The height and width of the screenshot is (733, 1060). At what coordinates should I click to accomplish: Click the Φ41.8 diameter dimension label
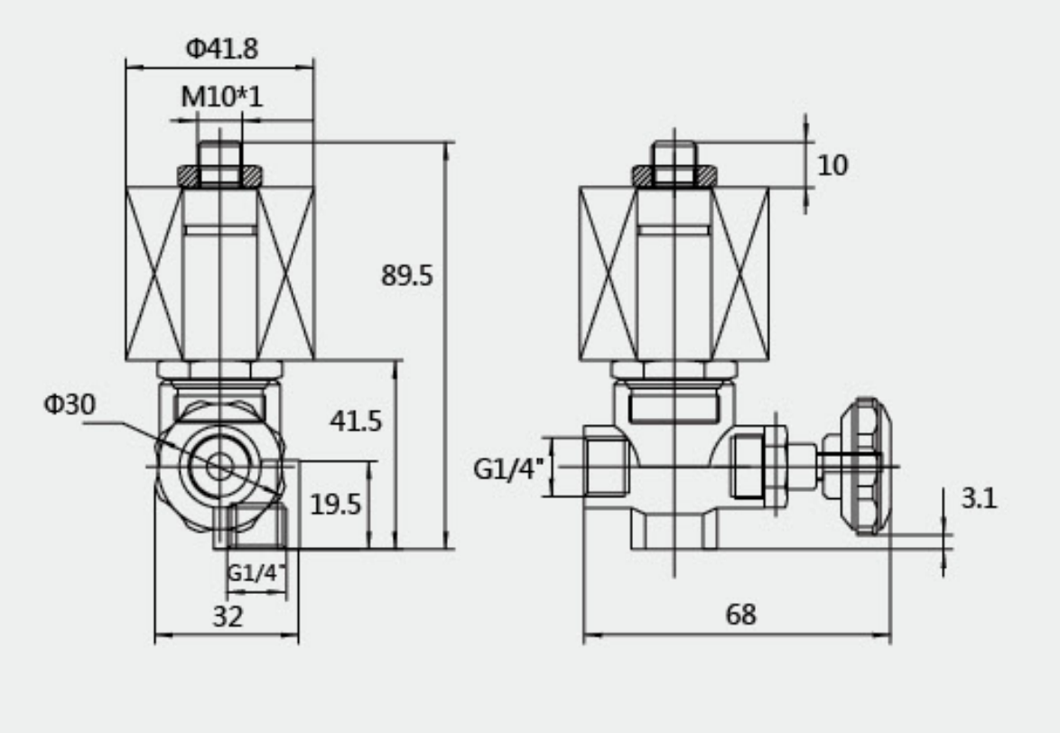click(x=221, y=50)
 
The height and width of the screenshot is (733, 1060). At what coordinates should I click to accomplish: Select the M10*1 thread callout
click(x=221, y=97)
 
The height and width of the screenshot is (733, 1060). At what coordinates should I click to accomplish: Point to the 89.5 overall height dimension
click(x=406, y=276)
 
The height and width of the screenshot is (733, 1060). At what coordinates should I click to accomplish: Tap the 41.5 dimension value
click(x=355, y=421)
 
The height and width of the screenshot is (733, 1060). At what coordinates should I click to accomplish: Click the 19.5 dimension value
click(x=335, y=505)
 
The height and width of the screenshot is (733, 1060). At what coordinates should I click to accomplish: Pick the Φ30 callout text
click(x=69, y=405)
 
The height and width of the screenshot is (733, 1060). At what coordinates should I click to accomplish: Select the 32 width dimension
click(x=228, y=617)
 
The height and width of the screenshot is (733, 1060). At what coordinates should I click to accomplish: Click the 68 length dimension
click(x=740, y=616)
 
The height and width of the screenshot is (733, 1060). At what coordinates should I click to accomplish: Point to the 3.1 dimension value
click(x=979, y=498)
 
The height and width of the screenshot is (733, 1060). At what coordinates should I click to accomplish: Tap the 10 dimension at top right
click(x=832, y=165)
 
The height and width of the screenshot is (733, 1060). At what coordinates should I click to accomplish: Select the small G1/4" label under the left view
click(x=256, y=572)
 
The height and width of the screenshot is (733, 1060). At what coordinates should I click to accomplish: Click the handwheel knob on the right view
click(x=860, y=467)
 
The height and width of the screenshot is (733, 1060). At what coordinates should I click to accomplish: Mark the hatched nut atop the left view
click(x=219, y=175)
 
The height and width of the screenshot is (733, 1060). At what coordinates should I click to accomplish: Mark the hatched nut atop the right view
click(x=674, y=175)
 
